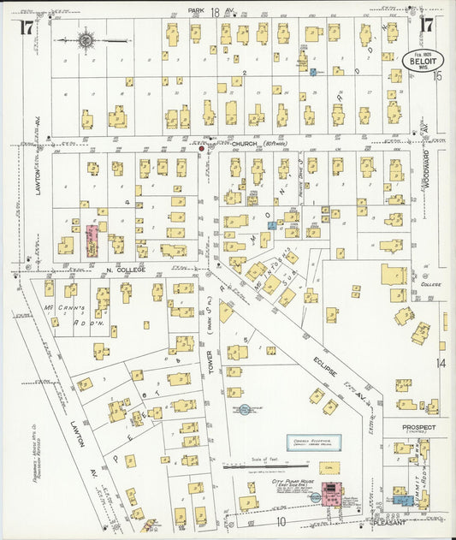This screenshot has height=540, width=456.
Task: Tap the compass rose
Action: (86, 39)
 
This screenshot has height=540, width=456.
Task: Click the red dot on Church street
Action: (202, 148)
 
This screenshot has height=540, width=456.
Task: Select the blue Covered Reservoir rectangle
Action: (310, 443)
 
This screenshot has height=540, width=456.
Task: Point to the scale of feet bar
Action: (249, 467)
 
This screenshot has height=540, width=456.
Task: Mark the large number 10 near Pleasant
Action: (281, 520)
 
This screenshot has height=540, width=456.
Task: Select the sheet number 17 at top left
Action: (27, 27)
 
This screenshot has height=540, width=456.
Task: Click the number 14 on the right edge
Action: (441, 363)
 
